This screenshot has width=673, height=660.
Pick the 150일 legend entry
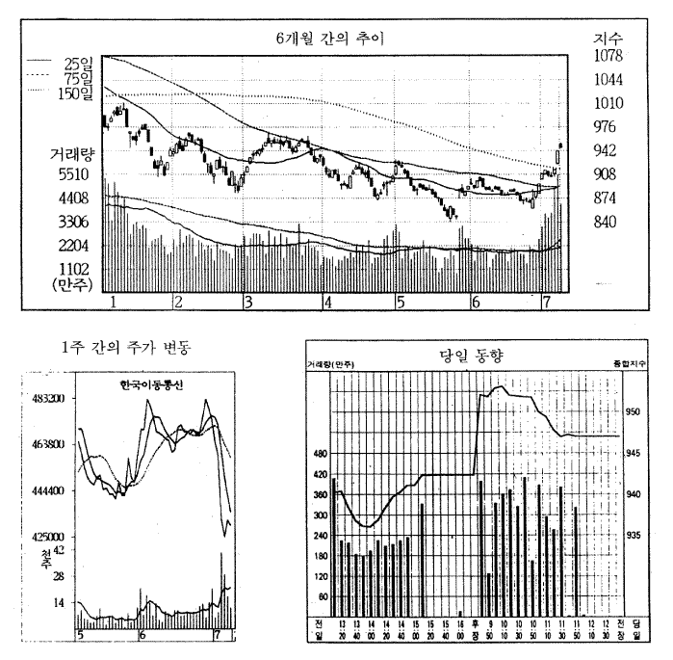tap(74, 92)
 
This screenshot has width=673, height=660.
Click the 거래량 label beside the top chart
tap(69, 153)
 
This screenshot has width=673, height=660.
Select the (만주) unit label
tap(71, 284)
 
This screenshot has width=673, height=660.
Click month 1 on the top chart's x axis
tap(115, 303)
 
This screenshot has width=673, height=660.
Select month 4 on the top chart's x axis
tap(328, 303)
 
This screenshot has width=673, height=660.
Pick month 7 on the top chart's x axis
tap(546, 303)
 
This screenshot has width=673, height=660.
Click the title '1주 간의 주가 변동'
tap(124, 348)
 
